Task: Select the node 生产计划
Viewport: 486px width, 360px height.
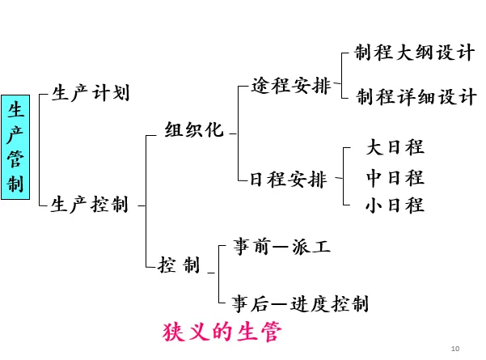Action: point(90,92)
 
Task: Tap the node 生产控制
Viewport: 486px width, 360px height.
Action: point(89,205)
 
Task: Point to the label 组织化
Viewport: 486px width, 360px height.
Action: point(193,130)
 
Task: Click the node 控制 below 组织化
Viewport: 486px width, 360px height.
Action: point(180,265)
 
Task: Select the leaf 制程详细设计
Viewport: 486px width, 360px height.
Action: point(416,97)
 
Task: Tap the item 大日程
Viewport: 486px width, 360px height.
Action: point(395,147)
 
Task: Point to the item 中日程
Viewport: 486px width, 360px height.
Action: point(395,176)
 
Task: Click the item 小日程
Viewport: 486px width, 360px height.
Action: point(395,205)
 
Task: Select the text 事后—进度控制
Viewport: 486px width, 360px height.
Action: point(300,303)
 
